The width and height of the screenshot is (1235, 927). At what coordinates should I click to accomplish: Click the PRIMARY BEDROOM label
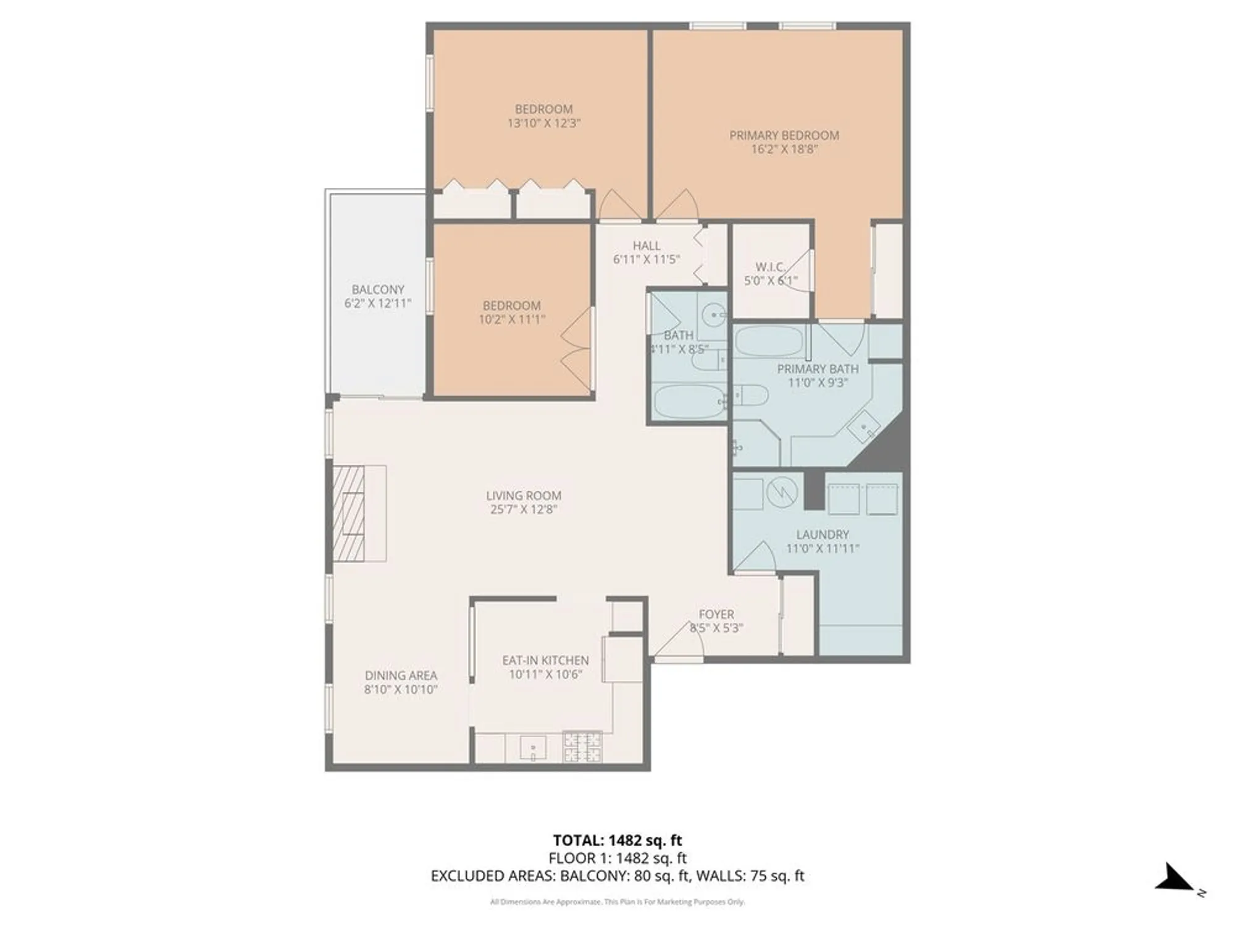(784, 135)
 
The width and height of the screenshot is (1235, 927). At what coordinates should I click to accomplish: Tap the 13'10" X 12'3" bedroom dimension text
(543, 123)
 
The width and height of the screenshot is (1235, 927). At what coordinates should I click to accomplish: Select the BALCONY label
(378, 289)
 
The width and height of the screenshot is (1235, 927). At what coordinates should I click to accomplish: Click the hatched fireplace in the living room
(349, 514)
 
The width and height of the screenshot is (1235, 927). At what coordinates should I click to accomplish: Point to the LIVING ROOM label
(523, 496)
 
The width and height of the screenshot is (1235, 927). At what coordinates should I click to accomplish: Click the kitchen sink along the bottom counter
(532, 748)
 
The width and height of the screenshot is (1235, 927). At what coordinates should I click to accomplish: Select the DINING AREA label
(401, 675)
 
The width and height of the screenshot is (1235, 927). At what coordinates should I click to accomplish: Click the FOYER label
(716, 614)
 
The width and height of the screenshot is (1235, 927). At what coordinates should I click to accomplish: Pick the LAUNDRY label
(822, 535)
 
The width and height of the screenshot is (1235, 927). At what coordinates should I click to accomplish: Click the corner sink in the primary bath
(864, 426)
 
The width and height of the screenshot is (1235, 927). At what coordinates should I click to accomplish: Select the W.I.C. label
(770, 267)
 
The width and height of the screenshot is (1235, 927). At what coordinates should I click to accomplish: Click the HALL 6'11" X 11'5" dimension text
(646, 260)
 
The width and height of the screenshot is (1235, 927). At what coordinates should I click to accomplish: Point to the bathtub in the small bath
(688, 401)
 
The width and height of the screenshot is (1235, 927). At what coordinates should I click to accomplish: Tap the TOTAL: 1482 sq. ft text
(617, 840)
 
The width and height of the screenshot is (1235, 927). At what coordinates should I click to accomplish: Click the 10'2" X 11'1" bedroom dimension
(511, 320)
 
